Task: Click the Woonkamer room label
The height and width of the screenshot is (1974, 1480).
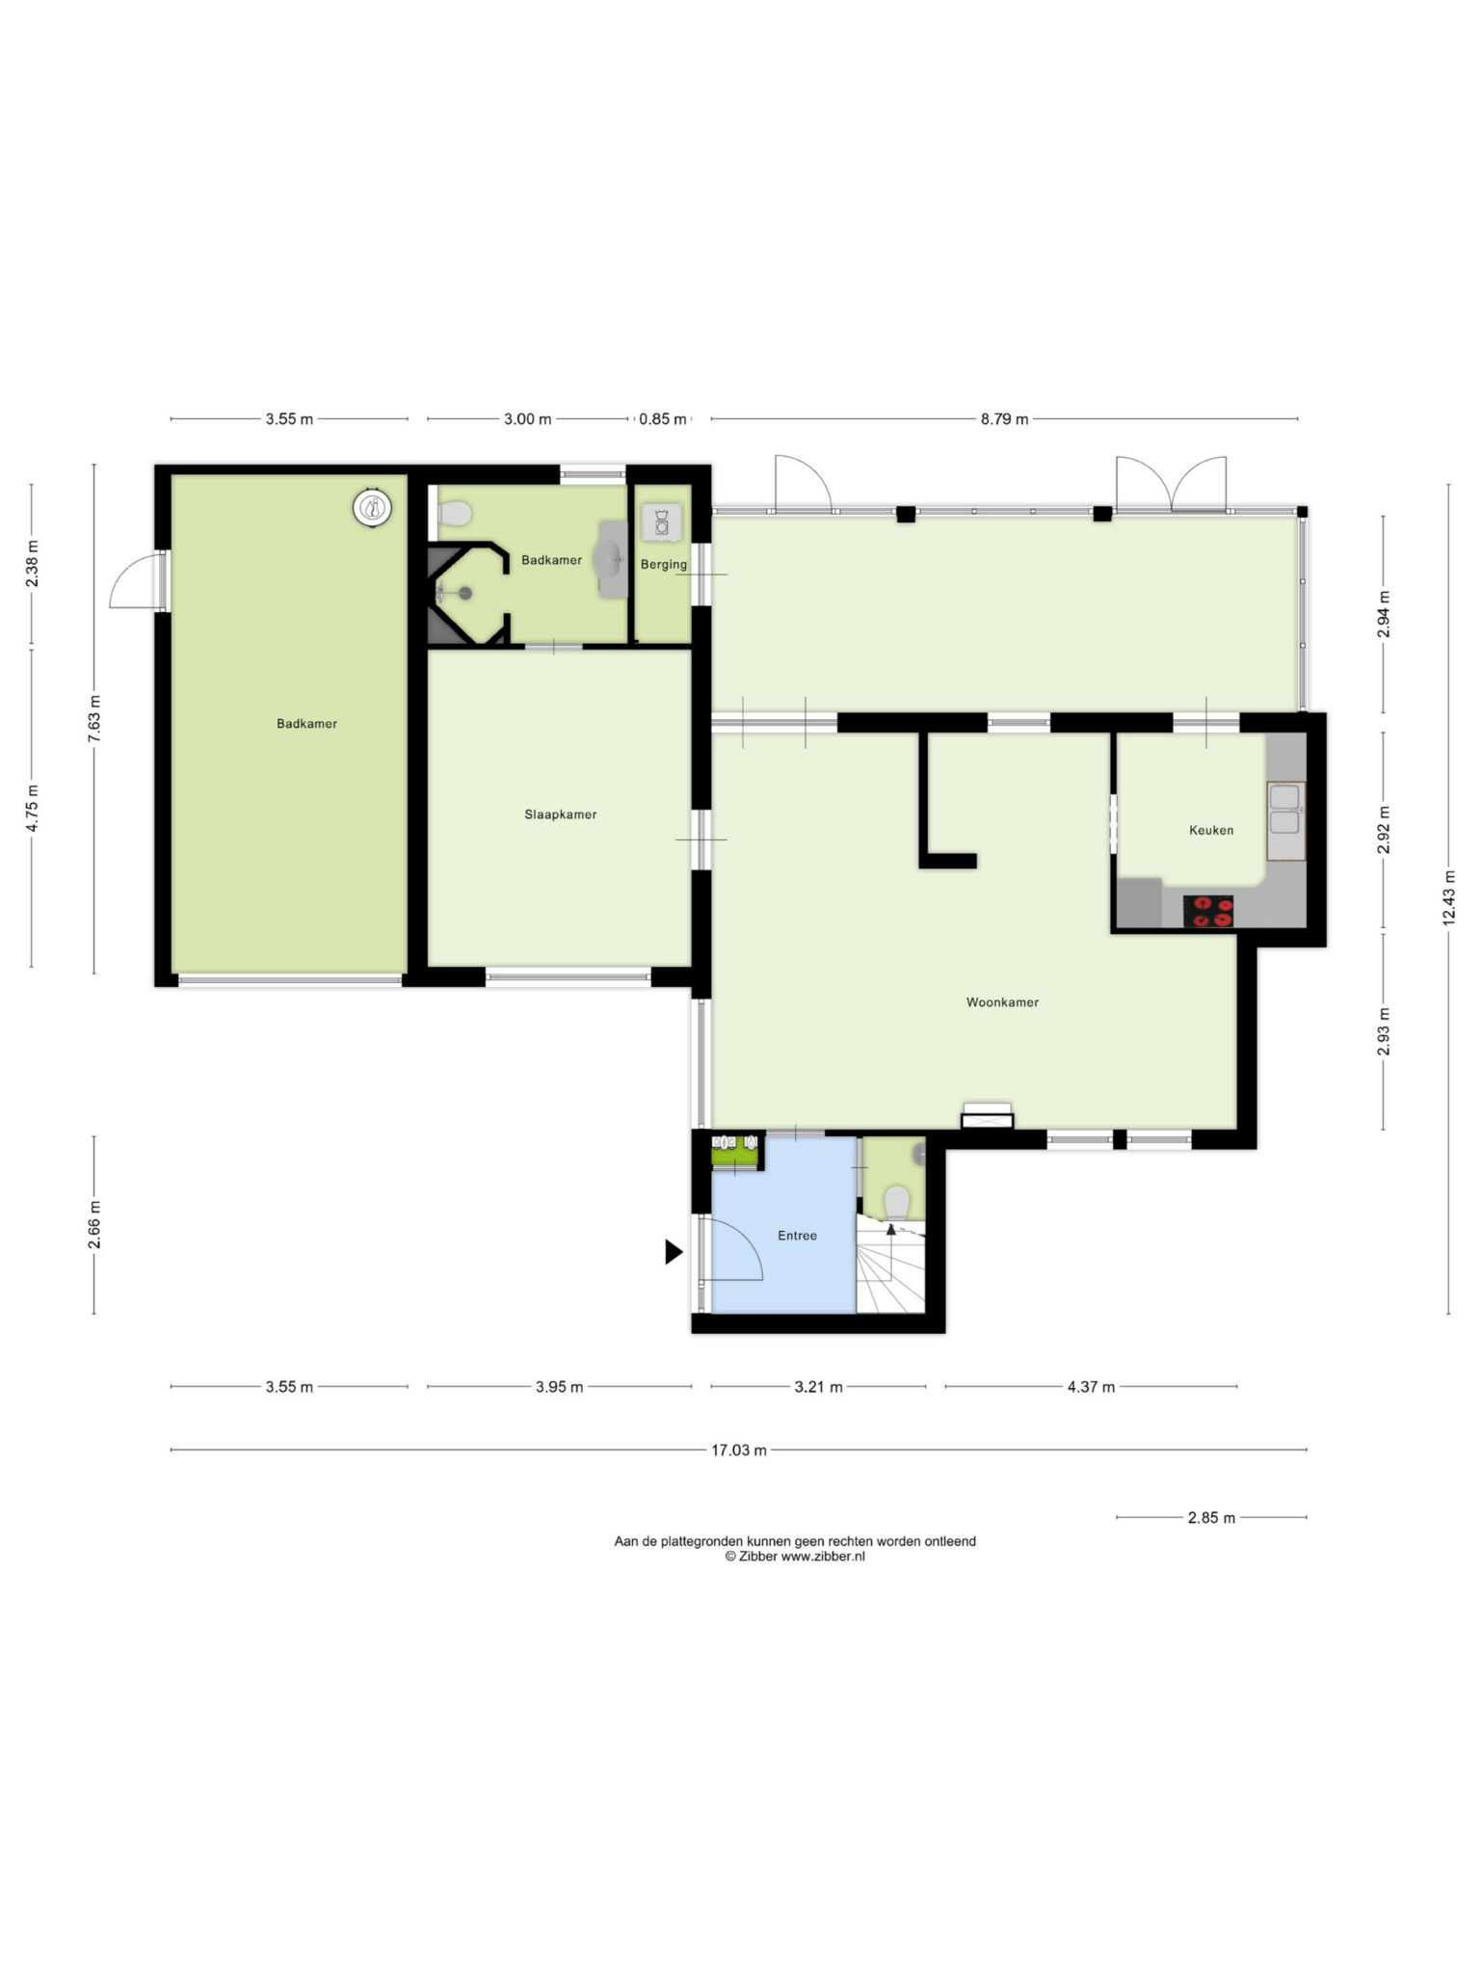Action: [x=1002, y=1002]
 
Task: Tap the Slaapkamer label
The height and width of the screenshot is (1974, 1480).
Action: [x=561, y=814]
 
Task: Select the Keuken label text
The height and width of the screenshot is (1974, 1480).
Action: [x=1211, y=830]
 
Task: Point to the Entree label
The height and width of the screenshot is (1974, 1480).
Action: [x=798, y=1236]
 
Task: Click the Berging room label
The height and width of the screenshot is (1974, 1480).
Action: [x=664, y=564]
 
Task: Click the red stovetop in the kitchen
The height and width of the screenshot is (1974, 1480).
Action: [x=1208, y=912]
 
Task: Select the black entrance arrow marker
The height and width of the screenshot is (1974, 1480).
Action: [x=674, y=1252]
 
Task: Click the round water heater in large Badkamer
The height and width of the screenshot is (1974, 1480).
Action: [x=372, y=508]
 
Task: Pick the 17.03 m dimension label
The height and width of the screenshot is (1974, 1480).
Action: [x=739, y=1450]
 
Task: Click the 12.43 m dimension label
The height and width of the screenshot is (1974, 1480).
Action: [x=1448, y=897]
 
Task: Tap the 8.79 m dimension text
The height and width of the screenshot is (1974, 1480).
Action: [x=1004, y=419]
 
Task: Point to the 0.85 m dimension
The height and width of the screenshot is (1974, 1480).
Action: [x=663, y=419]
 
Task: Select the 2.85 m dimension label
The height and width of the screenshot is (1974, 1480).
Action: [x=1211, y=1517]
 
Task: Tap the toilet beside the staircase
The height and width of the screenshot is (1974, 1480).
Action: [x=897, y=1202]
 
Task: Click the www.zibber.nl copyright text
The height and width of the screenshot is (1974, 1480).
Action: [x=795, y=1556]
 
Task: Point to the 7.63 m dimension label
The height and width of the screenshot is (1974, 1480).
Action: [x=93, y=718]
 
